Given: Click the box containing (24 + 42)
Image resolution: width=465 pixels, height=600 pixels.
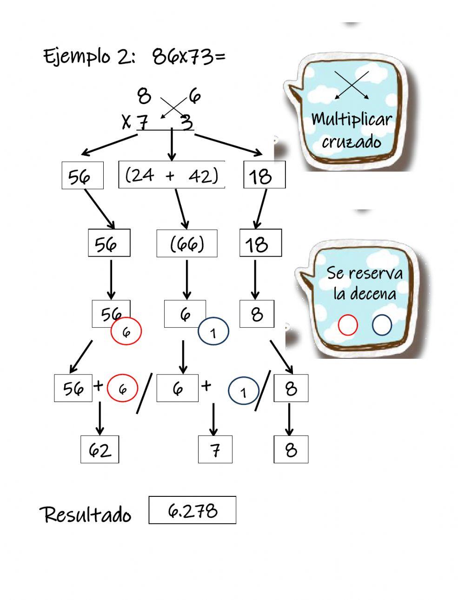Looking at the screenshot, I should tap(172, 175).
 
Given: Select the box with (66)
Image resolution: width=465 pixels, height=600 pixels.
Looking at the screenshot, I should tap(187, 243).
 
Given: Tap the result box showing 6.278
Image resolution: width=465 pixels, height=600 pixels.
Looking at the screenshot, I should tap(192, 510).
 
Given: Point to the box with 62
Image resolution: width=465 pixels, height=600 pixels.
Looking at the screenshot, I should tap(100, 449).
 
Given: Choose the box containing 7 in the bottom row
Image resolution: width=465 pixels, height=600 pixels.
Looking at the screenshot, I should tap(215, 449).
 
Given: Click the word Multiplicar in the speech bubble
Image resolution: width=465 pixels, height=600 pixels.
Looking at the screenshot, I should tap(351, 119).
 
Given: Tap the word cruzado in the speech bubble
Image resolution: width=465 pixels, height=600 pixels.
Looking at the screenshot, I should tap(351, 142).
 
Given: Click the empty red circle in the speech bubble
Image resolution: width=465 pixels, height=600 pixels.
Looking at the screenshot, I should tap(348, 325).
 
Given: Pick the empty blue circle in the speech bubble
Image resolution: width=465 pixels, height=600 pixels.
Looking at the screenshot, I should tap(382, 325).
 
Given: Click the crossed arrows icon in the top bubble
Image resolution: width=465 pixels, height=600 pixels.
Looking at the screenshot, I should tap(352, 85).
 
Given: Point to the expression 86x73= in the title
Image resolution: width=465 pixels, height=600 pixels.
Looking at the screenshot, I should tap(189, 57).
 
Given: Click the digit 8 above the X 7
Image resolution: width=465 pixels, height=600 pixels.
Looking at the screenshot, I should tap(144, 97).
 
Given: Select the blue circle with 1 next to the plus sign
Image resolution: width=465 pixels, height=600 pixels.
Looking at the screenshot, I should tap(243, 393).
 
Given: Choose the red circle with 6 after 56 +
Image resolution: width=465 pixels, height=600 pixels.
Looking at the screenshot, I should tap(122, 388).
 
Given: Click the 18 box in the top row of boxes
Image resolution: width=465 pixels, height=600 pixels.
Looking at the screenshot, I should tap(264, 176).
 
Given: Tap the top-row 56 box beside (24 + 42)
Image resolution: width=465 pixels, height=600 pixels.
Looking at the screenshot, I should tap(82, 176).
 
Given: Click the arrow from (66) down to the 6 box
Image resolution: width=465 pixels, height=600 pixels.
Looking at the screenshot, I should tap(187, 279).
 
